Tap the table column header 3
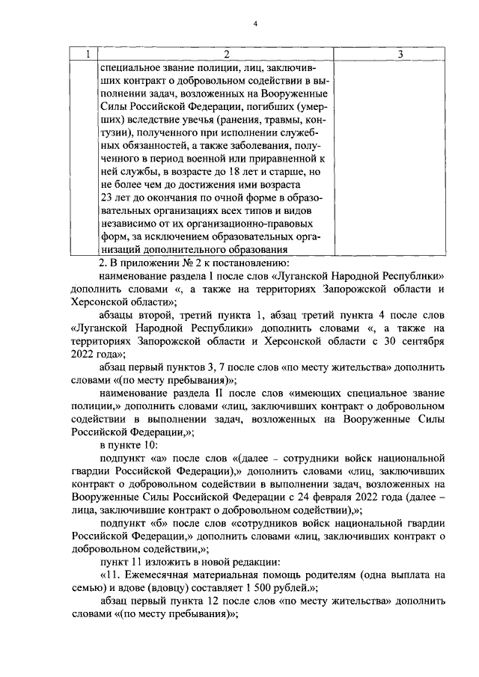400,54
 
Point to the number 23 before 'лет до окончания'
106,197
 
